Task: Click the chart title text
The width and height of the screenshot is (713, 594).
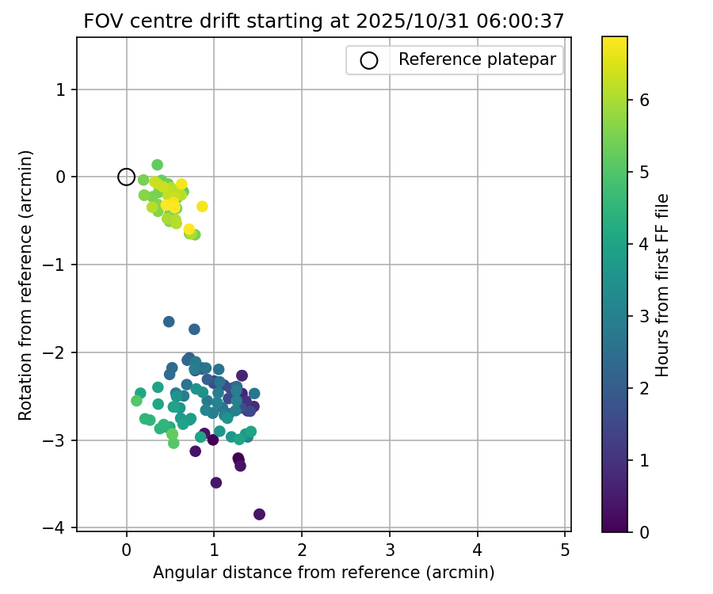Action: tap(323, 21)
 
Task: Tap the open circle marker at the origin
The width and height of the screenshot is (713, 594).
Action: tap(126, 177)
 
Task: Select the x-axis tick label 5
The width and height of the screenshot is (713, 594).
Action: tap(565, 549)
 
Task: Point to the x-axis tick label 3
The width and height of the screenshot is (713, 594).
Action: tap(390, 549)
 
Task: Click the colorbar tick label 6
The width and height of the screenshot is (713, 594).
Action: tap(645, 100)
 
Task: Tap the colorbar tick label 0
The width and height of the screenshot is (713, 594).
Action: tap(645, 531)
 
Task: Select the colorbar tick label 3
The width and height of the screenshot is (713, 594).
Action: tap(645, 316)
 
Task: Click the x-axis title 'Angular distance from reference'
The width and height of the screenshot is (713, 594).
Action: tap(323, 572)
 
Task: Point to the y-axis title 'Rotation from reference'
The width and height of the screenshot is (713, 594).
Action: tap(26, 285)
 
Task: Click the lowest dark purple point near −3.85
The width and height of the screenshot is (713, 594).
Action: tap(259, 514)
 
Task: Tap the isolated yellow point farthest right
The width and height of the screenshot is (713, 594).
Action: tap(202, 206)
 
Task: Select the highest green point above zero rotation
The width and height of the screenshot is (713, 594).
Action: tap(157, 165)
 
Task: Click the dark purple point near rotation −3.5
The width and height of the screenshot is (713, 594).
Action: tap(215, 482)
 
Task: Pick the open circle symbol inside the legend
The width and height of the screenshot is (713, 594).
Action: tap(369, 59)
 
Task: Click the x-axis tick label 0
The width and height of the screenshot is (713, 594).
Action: tap(127, 549)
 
